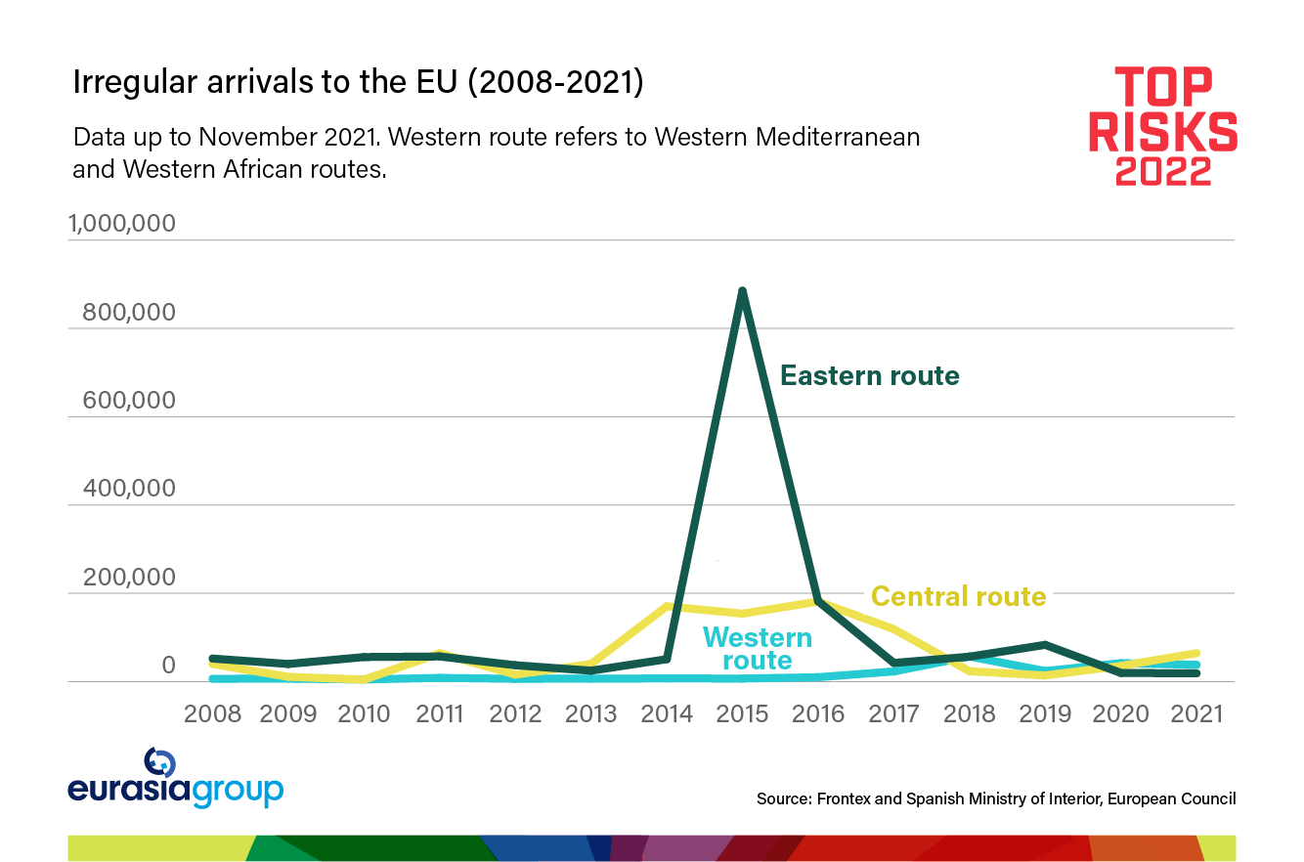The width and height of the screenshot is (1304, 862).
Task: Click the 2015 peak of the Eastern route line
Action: (743, 290)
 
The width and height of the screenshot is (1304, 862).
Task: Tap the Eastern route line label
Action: (869, 375)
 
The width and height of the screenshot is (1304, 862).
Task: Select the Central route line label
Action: (958, 596)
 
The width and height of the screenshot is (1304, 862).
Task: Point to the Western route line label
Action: (758, 649)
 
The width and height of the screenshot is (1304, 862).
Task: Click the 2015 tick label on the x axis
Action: (743, 713)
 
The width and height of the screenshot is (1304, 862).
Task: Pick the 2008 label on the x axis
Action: (213, 713)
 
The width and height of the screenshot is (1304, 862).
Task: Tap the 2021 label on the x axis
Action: (1195, 713)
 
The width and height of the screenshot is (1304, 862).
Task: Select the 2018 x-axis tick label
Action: (970, 713)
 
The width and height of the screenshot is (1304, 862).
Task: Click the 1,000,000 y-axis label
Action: (122, 224)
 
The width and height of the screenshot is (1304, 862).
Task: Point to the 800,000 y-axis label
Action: (129, 313)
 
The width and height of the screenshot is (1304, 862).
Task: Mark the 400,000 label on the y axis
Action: (129, 489)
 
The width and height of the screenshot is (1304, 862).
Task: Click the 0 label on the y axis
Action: (168, 667)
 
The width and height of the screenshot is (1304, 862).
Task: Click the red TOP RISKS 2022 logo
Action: (1163, 125)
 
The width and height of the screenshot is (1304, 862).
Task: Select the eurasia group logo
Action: (175, 779)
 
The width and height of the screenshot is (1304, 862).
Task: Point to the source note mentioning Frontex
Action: (995, 798)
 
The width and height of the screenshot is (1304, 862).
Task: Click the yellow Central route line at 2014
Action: (668, 606)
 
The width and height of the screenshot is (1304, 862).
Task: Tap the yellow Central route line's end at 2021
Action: (1195, 653)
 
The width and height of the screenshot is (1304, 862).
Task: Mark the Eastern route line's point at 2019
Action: (1045, 645)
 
